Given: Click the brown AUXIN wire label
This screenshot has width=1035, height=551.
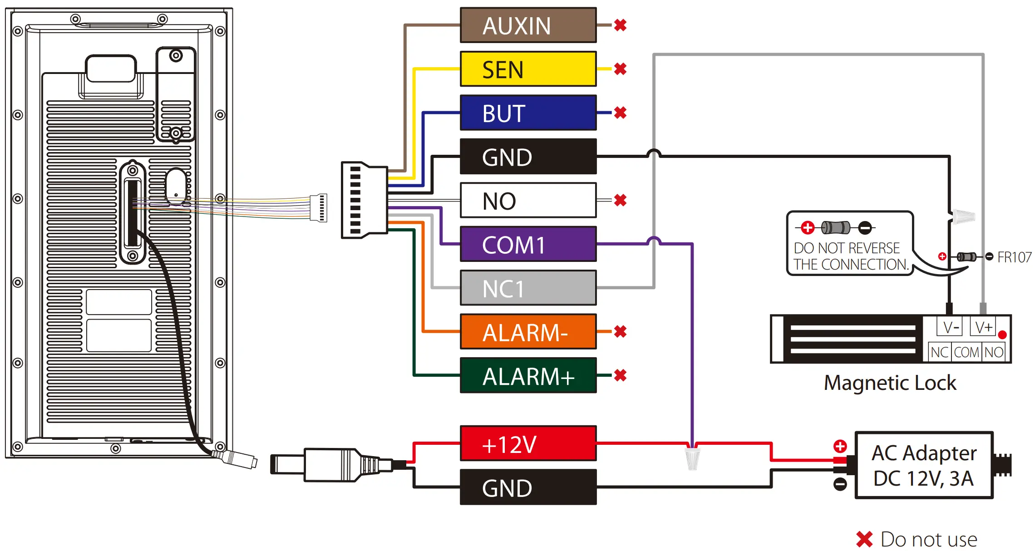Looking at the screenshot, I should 528,25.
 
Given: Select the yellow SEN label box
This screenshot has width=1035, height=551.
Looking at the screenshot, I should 528,69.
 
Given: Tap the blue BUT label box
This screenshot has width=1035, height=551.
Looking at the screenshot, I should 528,113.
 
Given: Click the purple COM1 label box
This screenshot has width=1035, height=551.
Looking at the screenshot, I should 528,244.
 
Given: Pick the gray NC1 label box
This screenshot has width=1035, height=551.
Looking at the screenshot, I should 528,288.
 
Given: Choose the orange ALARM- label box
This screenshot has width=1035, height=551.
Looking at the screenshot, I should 528,332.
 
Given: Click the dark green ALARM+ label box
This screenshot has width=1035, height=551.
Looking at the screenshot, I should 528,375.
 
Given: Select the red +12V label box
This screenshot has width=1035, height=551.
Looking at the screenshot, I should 528,443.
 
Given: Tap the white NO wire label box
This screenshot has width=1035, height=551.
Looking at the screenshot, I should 528,200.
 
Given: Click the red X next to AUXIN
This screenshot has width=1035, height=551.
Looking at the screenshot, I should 620,25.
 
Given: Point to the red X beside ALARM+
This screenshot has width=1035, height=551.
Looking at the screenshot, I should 620,375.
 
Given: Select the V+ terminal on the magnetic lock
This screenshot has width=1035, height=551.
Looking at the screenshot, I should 983,327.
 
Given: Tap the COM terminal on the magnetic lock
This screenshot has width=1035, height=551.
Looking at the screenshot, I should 966,352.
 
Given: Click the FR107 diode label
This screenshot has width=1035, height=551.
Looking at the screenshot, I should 1014,257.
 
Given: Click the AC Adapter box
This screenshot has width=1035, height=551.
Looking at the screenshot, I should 924,465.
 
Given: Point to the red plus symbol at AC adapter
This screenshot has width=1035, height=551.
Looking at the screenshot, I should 840,446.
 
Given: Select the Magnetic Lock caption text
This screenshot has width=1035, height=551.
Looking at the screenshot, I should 890,383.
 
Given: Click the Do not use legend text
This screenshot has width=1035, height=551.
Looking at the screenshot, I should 928,540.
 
